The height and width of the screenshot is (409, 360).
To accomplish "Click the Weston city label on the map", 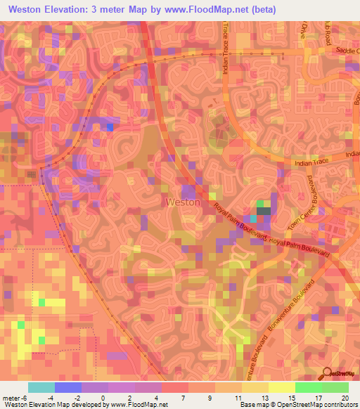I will pos(183,202).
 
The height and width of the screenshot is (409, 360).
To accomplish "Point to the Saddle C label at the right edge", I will pos(347,51).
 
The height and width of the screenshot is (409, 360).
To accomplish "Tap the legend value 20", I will pos(344,397).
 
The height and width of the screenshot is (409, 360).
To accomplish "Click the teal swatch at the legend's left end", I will pos(41,387).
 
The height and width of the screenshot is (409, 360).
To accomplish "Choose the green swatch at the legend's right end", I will pos(335,387).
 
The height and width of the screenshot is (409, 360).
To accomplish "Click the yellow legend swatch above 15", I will pos(281,387).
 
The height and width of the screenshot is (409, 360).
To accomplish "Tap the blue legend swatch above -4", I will pos(68,387).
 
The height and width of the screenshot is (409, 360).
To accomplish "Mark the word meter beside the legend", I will pos(10,397).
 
